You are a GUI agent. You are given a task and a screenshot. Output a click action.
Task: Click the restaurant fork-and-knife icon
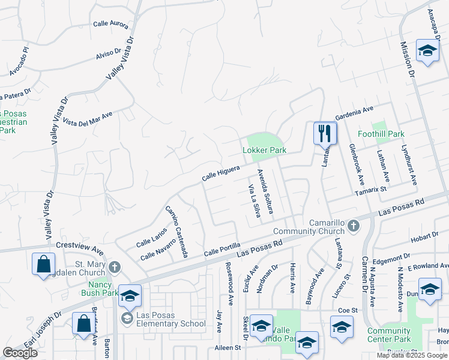[325, 133]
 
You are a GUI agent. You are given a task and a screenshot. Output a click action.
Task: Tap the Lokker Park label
[264, 150]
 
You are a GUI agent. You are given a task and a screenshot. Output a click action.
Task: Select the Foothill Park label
[381, 134]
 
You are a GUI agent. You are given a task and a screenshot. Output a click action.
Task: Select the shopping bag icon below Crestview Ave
[44, 264]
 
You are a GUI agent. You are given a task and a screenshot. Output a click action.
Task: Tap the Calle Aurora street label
[111, 23]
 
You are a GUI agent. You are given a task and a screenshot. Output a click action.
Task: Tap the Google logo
[20, 353]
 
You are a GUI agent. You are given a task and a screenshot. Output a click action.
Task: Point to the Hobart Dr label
[426, 238]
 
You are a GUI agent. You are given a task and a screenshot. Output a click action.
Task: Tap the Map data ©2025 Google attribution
[412, 355]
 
